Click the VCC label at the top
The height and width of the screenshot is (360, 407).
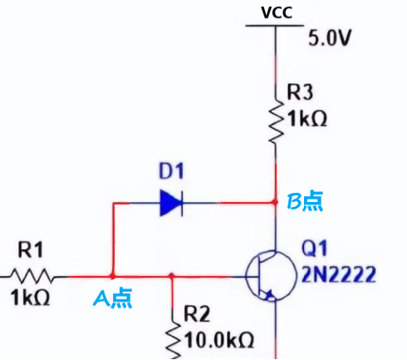(274, 12)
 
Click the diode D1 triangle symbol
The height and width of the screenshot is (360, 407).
(171, 202)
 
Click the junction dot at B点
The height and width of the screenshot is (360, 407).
(275, 202)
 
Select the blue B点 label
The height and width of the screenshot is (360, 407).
(305, 201)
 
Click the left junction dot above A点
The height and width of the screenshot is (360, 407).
(112, 275)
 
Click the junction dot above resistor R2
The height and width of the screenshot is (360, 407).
(171, 275)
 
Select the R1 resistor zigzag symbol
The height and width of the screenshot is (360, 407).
(32, 275)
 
